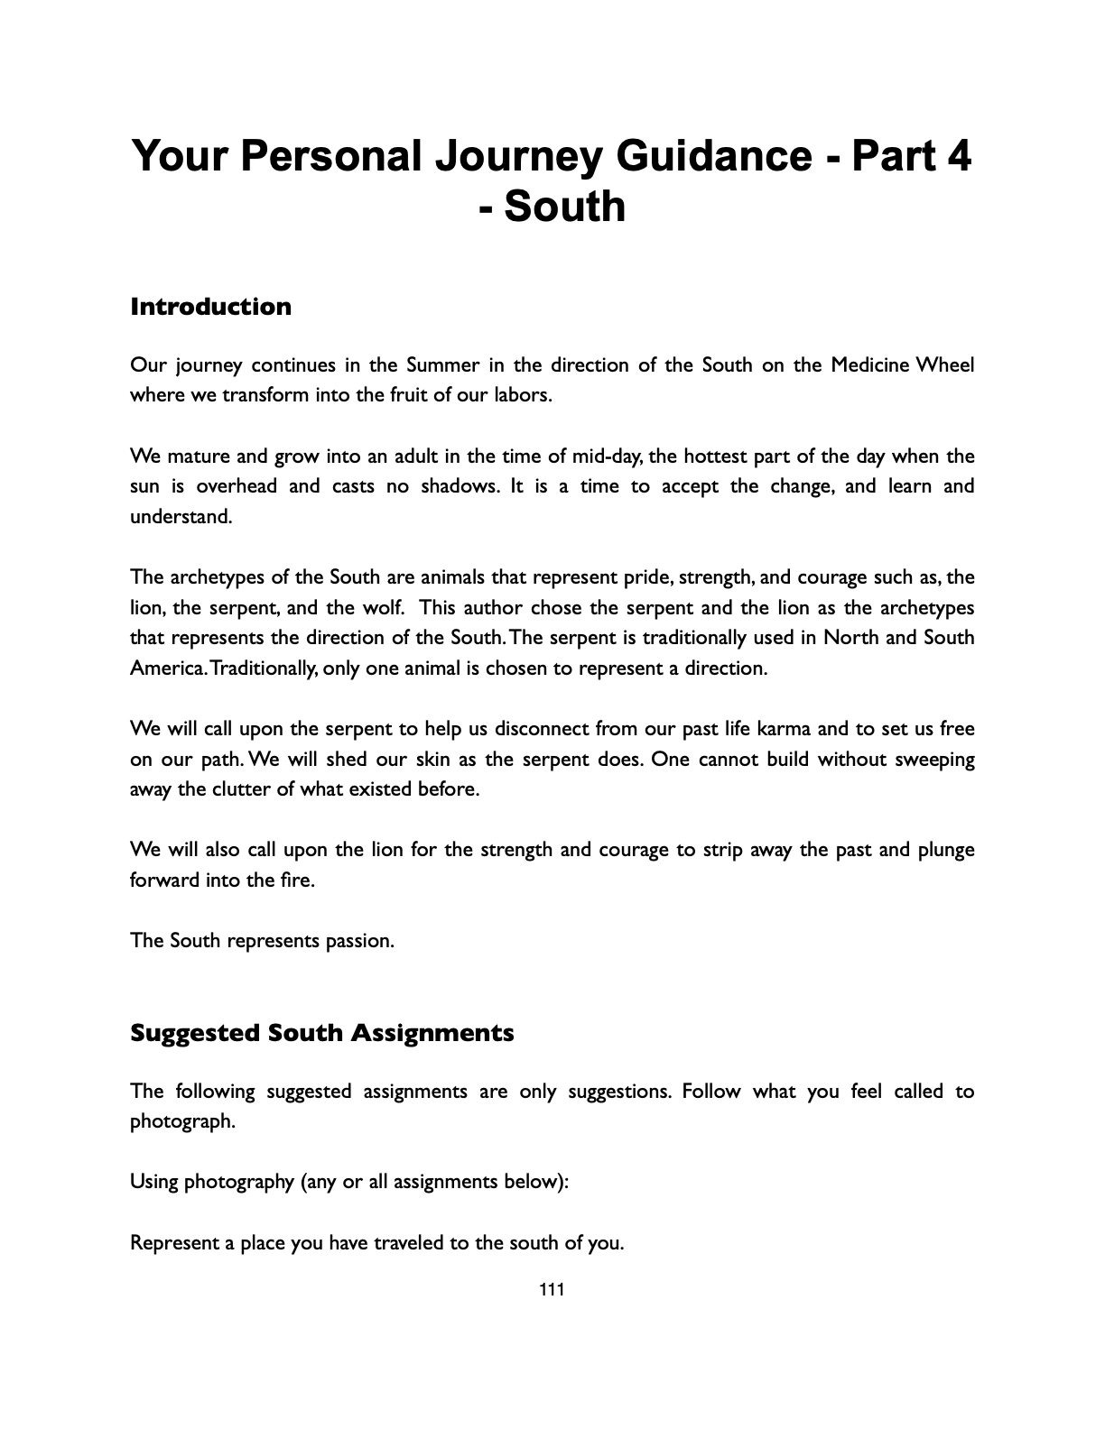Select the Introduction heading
210,307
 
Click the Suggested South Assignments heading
322,1032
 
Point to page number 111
552,1289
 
